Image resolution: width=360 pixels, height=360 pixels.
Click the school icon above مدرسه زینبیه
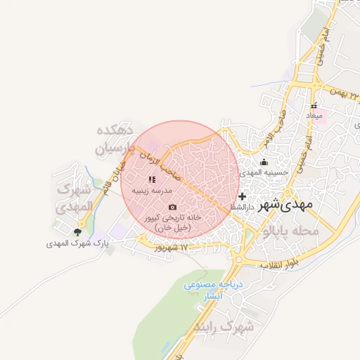tap(152, 180)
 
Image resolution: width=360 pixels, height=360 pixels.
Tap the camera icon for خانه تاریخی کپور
tap(173, 207)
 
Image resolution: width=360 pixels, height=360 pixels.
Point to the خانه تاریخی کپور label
tap(173, 222)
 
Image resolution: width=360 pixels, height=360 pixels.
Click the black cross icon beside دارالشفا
tap(243, 196)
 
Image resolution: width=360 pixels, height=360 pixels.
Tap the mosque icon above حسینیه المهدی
tap(264, 162)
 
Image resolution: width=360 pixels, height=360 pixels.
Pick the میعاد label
tap(314, 115)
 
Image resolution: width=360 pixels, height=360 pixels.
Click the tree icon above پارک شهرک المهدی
tap(77, 231)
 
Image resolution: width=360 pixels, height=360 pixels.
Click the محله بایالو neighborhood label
tap(292, 231)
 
